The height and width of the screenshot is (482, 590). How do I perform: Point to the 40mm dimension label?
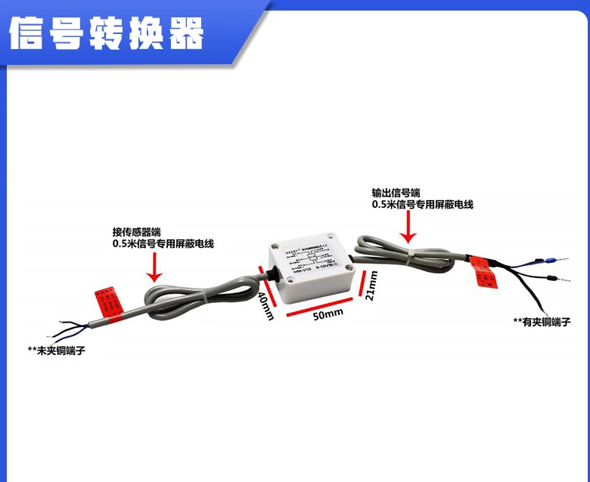point(266,305)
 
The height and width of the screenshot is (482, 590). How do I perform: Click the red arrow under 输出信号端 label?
point(408,226)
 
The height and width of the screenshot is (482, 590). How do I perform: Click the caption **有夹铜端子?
point(541,322)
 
